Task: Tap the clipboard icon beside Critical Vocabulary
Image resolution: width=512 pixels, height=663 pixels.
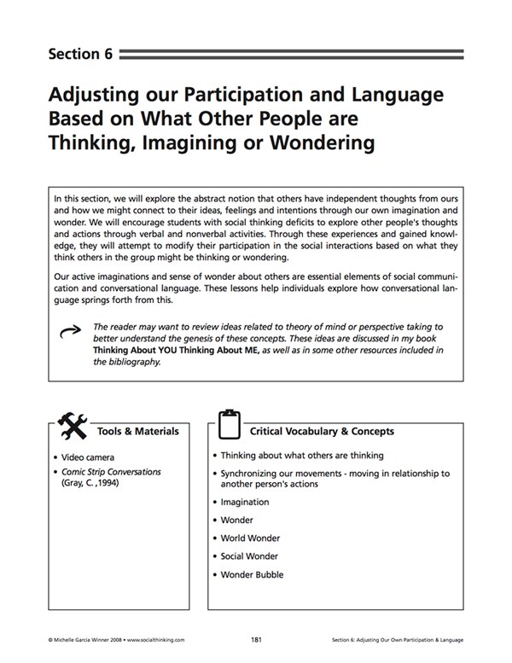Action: [x=229, y=424]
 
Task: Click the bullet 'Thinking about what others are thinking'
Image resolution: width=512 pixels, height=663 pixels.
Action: [x=301, y=456]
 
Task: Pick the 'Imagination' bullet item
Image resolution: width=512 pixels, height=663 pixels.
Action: [x=244, y=503]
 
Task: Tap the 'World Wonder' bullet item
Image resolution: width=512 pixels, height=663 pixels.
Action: [x=249, y=538]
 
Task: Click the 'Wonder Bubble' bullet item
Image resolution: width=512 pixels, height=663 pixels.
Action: [x=252, y=574]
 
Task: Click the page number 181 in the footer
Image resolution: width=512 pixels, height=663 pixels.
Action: [x=255, y=637]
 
